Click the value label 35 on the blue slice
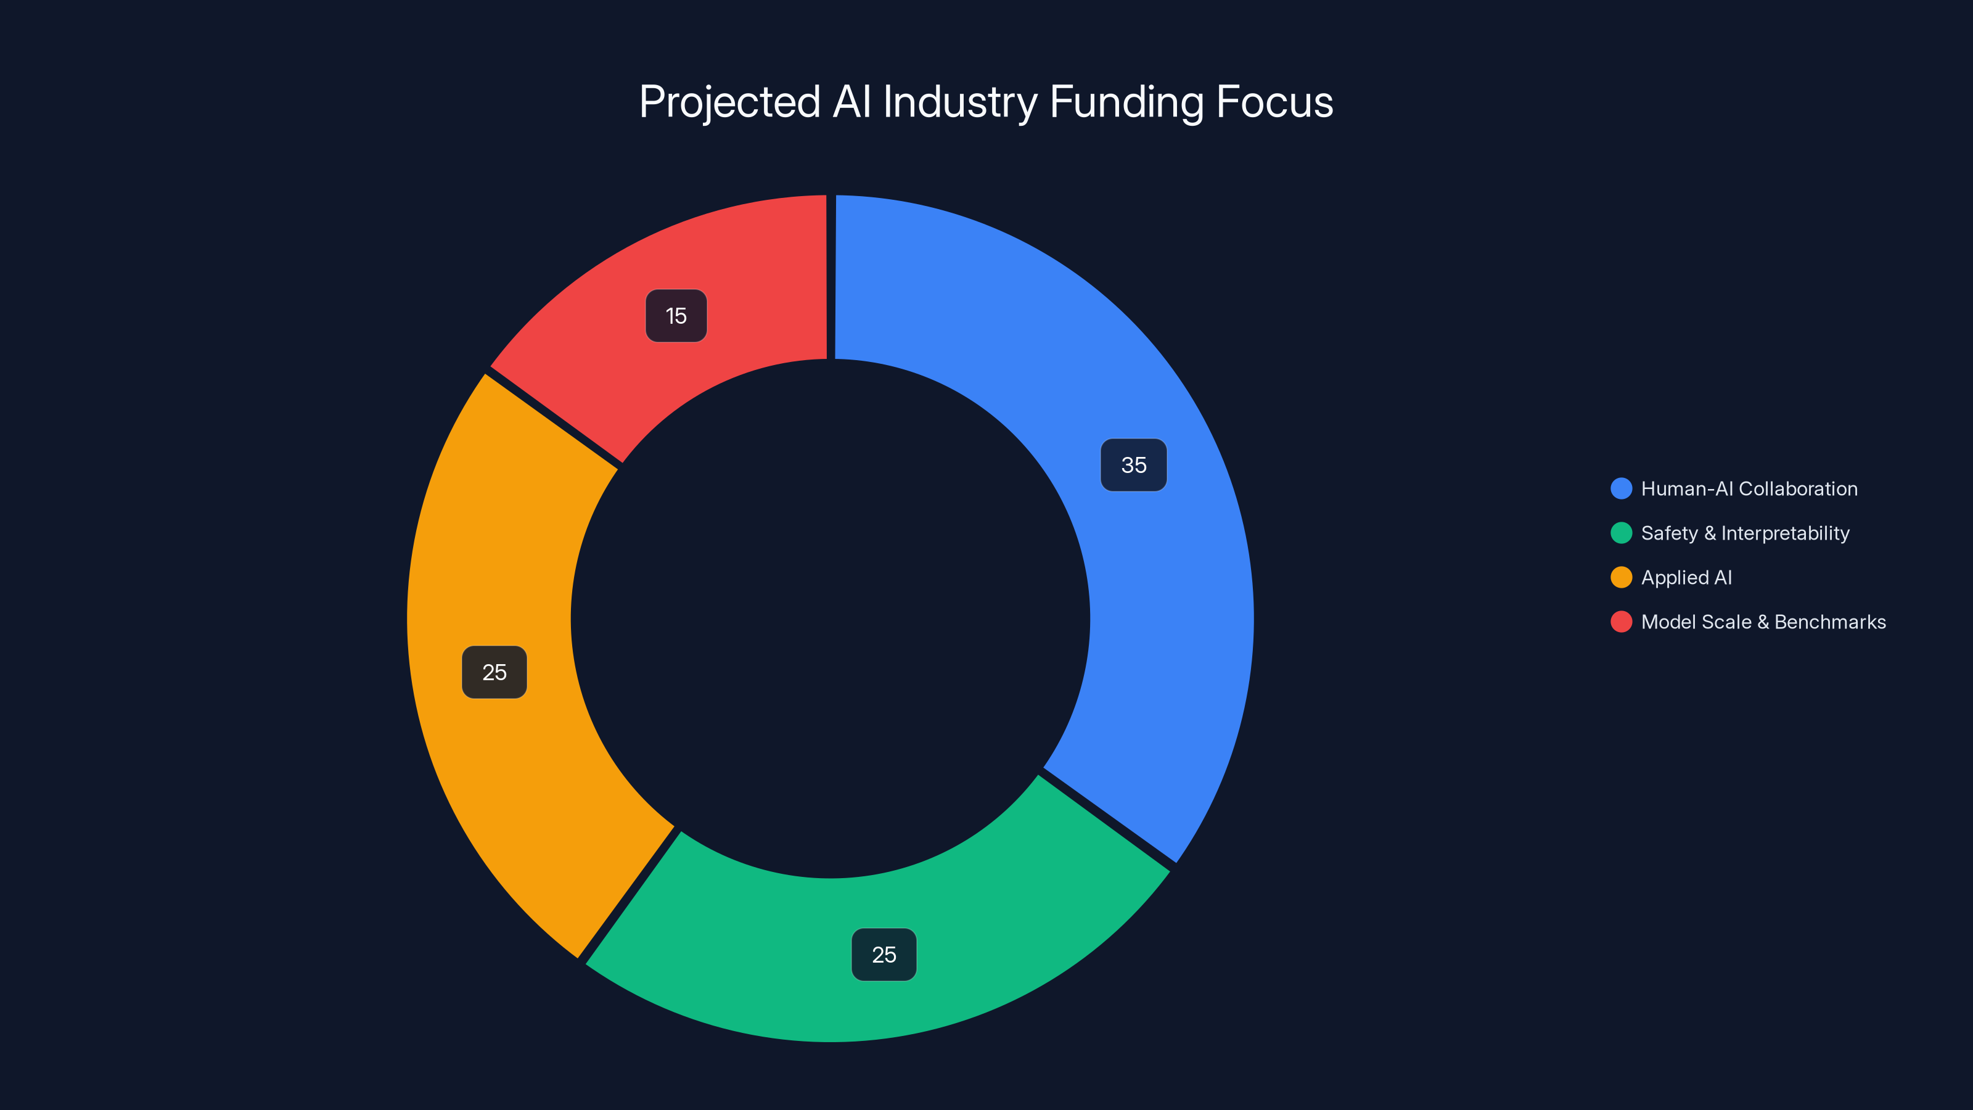[x=1134, y=465]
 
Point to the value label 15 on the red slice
[x=676, y=316]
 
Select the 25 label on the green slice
[x=884, y=955]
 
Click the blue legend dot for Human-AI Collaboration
[x=1621, y=489]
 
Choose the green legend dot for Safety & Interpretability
[x=1621, y=533]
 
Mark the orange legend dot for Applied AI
[x=1621, y=578]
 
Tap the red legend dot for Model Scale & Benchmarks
[x=1621, y=622]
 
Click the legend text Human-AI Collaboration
[x=1749, y=489]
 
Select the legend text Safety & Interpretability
[x=1745, y=533]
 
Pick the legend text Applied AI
[x=1686, y=578]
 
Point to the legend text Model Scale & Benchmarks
[x=1763, y=622]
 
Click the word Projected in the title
[x=729, y=102]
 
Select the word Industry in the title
[x=960, y=102]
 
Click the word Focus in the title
[x=1274, y=102]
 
